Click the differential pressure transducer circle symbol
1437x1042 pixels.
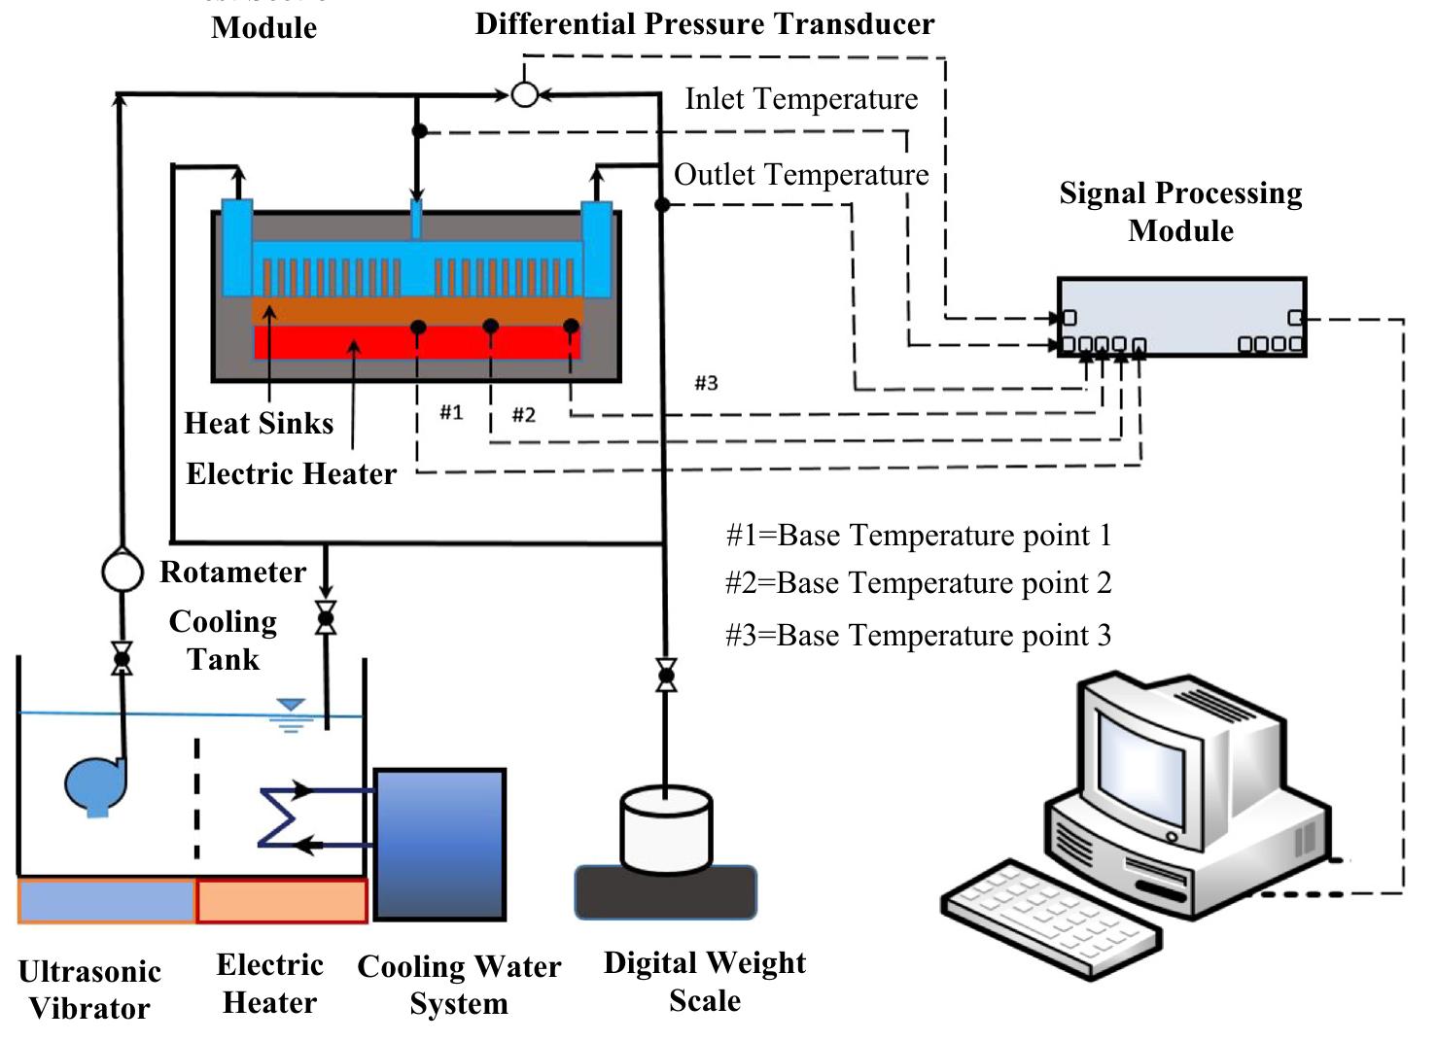[525, 94]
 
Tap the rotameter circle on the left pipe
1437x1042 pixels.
[123, 571]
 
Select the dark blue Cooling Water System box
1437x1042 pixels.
[439, 844]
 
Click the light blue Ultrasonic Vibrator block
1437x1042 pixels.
[107, 900]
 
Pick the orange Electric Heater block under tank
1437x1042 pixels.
[282, 900]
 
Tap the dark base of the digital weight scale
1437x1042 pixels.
[666, 892]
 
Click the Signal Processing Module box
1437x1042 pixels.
[1181, 317]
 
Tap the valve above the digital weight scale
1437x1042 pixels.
[666, 675]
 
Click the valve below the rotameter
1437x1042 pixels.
[123, 659]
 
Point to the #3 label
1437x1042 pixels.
[706, 383]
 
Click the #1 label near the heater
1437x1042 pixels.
[451, 412]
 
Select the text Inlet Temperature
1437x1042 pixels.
[801, 99]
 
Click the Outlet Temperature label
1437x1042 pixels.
[801, 175]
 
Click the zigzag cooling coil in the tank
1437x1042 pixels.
[279, 817]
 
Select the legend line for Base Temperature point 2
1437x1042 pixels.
[918, 583]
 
